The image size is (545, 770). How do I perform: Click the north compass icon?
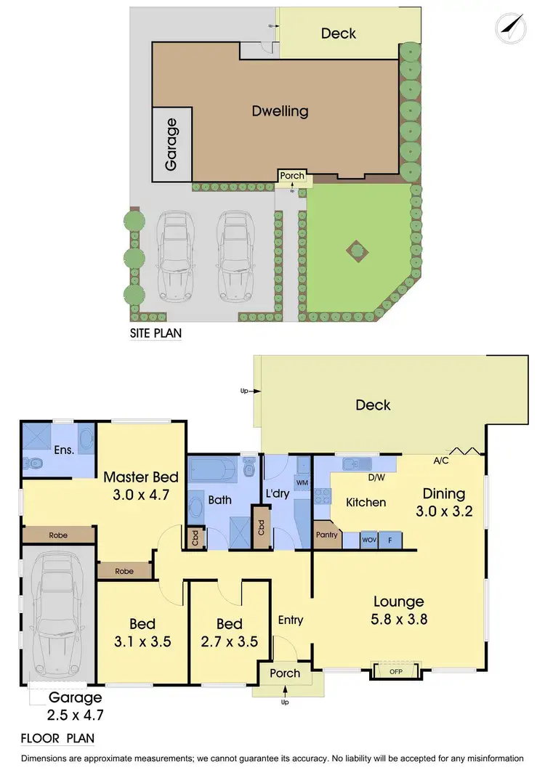click(510, 27)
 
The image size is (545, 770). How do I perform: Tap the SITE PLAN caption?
click(156, 334)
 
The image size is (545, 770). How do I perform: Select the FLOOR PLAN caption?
click(57, 739)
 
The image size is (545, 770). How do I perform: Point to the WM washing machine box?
click(301, 482)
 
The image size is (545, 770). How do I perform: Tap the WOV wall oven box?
click(370, 540)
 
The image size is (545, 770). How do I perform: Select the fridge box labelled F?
click(391, 540)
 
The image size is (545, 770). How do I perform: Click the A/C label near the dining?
click(440, 460)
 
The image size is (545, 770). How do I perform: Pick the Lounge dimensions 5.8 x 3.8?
click(399, 620)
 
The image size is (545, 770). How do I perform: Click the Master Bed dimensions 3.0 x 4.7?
click(140, 496)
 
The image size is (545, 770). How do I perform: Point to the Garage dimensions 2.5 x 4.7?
click(76, 715)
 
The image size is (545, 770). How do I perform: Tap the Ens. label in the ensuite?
click(64, 450)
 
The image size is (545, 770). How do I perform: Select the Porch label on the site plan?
click(292, 177)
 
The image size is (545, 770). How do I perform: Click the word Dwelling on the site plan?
click(280, 111)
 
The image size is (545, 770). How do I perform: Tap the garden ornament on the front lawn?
click(356, 251)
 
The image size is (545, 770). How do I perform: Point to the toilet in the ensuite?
click(34, 461)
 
